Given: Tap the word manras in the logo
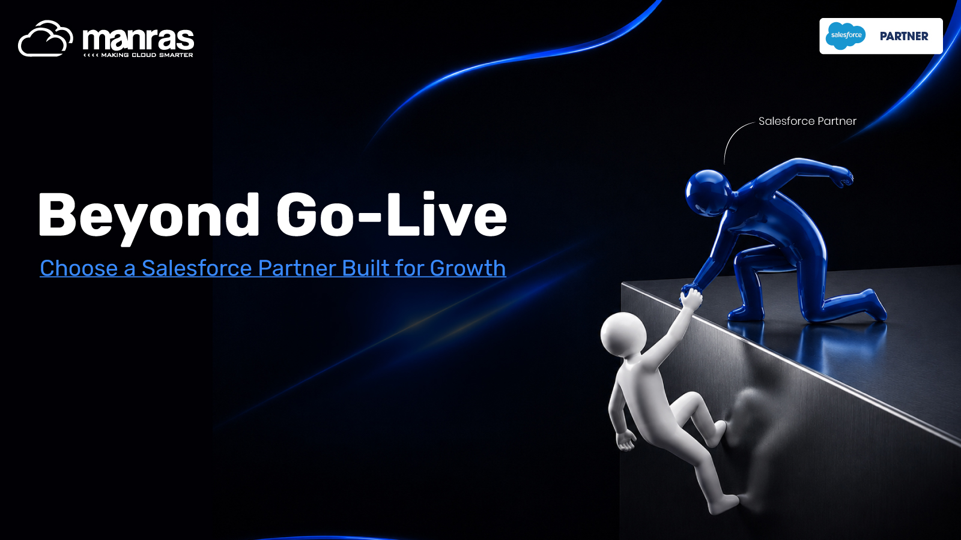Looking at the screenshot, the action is [138, 39].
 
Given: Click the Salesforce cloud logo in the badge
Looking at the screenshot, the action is [846, 35].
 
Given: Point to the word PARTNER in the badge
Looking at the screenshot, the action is [904, 36].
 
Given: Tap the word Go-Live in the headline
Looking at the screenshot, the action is [392, 214].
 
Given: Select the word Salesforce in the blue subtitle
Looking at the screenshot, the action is [196, 268].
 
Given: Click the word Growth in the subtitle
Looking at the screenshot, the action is [468, 268].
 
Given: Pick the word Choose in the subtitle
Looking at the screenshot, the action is [79, 268].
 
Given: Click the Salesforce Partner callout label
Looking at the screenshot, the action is [807, 121].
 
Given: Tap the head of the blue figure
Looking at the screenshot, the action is [708, 191].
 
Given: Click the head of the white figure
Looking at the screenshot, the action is [623, 334].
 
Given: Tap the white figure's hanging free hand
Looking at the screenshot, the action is [625, 441].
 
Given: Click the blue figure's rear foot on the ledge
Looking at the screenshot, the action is [875, 304].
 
